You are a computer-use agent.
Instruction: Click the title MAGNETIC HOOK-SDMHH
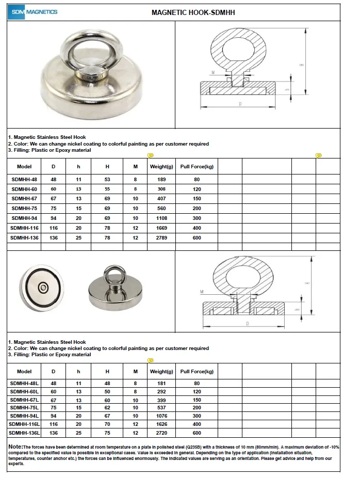coord(193,12)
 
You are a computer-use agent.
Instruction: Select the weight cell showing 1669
coord(160,228)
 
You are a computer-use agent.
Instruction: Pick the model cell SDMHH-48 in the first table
coord(24,180)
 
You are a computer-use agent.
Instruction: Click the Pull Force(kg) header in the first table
coord(196,167)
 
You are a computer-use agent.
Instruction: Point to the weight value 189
coord(160,180)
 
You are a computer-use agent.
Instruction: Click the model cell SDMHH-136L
coord(24,433)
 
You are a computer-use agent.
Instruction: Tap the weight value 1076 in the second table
coord(160,416)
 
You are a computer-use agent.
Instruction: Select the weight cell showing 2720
coord(160,433)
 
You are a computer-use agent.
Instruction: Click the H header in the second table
coord(107,371)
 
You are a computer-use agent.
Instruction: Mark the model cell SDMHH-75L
coord(24,408)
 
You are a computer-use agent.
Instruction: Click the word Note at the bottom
coord(15,446)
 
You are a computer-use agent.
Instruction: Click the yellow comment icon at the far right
coord(319,155)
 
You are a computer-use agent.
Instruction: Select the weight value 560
coord(160,209)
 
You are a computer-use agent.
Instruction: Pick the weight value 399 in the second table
coord(160,400)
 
